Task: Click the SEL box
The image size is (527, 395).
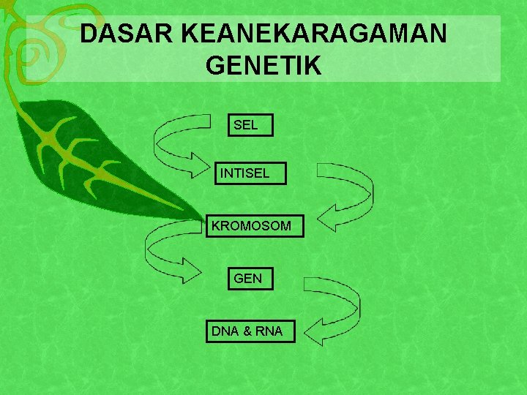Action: pyautogui.click(x=250, y=125)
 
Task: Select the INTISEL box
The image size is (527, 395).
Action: pyautogui.click(x=250, y=174)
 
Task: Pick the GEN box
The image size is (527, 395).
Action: pyautogui.click(x=250, y=279)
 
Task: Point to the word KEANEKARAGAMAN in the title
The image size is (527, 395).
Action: pyautogui.click(x=313, y=34)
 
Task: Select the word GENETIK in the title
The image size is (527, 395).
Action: pyautogui.click(x=263, y=66)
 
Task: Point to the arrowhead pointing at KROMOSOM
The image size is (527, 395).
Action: pyautogui.click(x=326, y=219)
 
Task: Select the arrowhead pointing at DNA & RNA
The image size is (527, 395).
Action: pyautogui.click(x=315, y=333)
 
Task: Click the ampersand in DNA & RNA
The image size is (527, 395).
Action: pyautogui.click(x=247, y=331)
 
